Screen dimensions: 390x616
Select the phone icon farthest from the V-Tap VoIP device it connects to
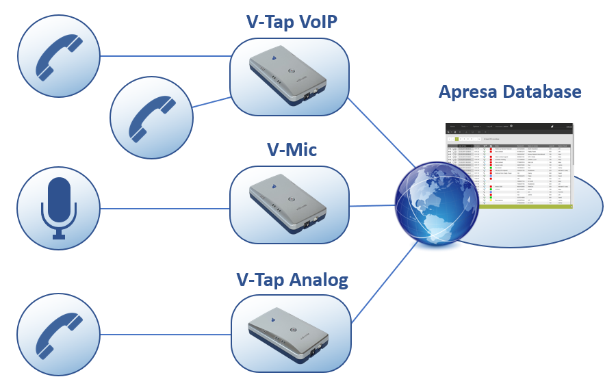point(60,55)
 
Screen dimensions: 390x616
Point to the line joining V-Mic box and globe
point(373,205)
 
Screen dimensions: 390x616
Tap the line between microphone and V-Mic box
point(164,208)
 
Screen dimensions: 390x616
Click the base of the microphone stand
point(60,237)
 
